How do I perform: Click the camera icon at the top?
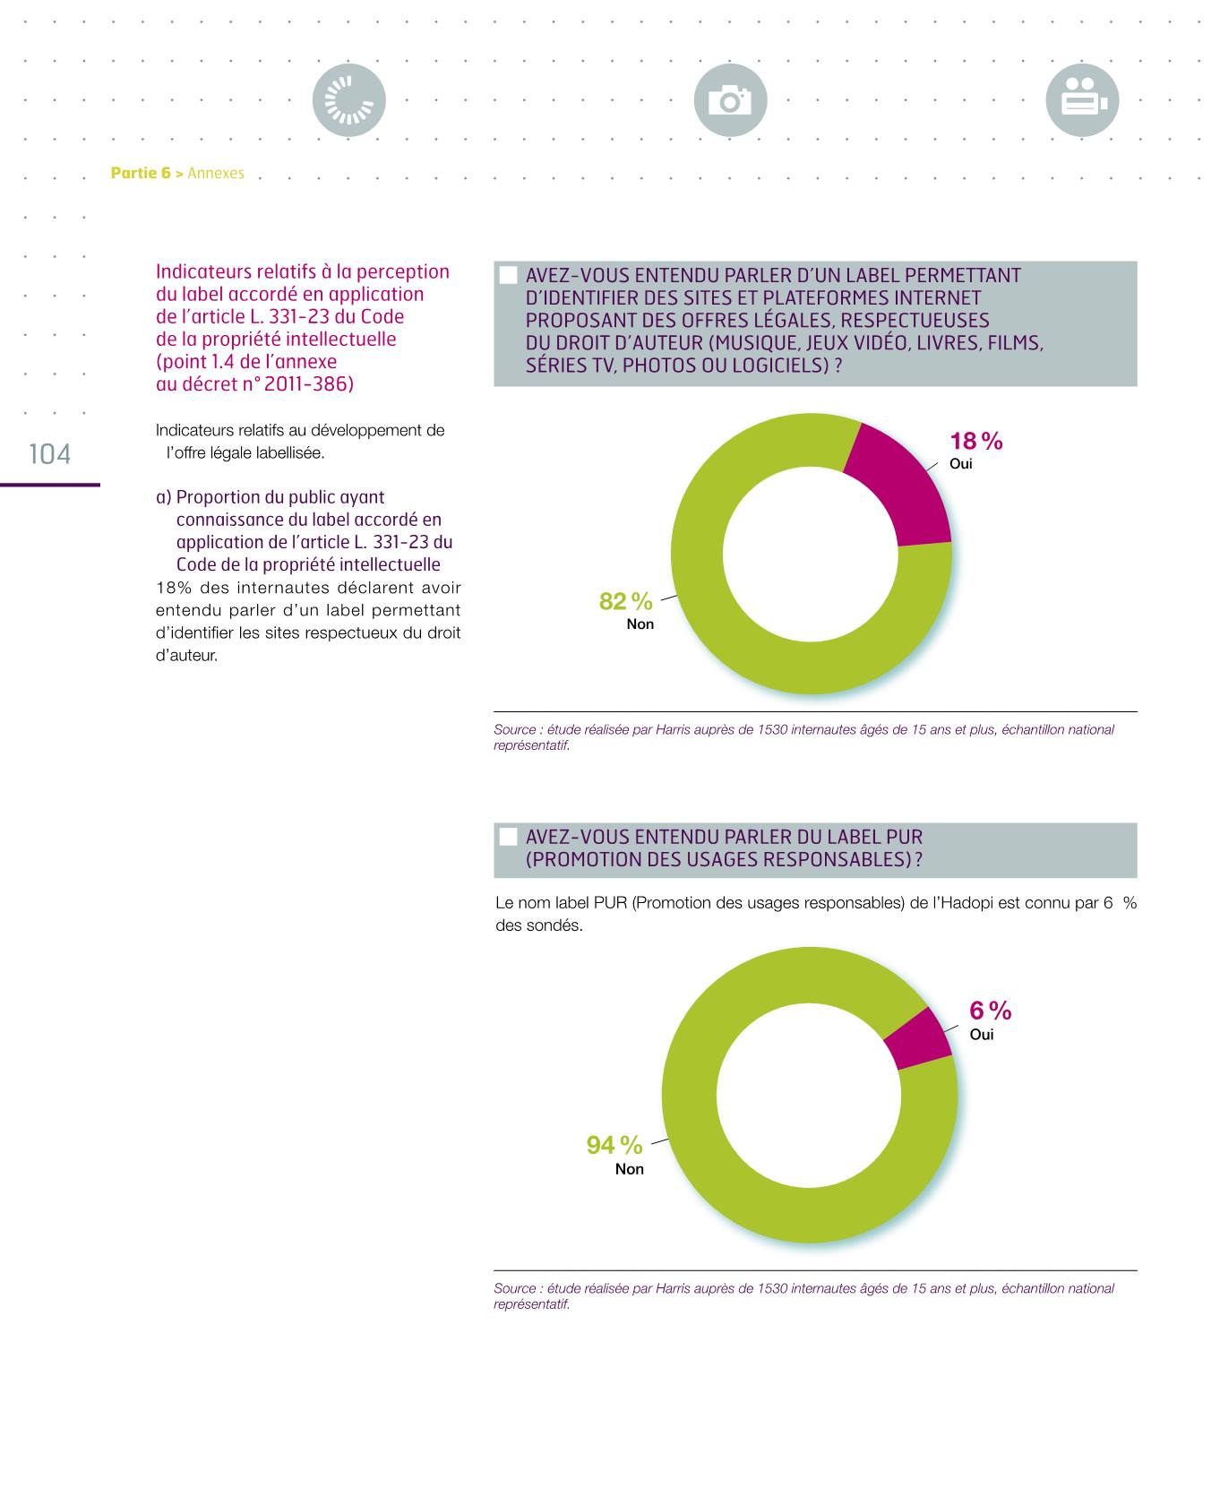[x=730, y=100]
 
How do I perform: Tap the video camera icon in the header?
[x=1082, y=100]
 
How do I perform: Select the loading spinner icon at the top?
[x=348, y=100]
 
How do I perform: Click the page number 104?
[x=50, y=454]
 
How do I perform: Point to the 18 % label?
[x=975, y=441]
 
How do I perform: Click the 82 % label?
[x=625, y=601]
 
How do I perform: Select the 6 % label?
[x=990, y=1011]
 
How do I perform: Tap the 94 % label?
[x=614, y=1145]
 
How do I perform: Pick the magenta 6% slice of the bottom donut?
[x=918, y=1038]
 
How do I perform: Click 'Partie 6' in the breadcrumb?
[x=141, y=173]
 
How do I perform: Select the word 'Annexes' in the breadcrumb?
[x=216, y=173]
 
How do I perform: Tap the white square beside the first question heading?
[x=508, y=275]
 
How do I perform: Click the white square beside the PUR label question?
[x=508, y=837]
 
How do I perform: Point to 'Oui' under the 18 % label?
[x=960, y=464]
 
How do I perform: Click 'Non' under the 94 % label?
[x=629, y=1169]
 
